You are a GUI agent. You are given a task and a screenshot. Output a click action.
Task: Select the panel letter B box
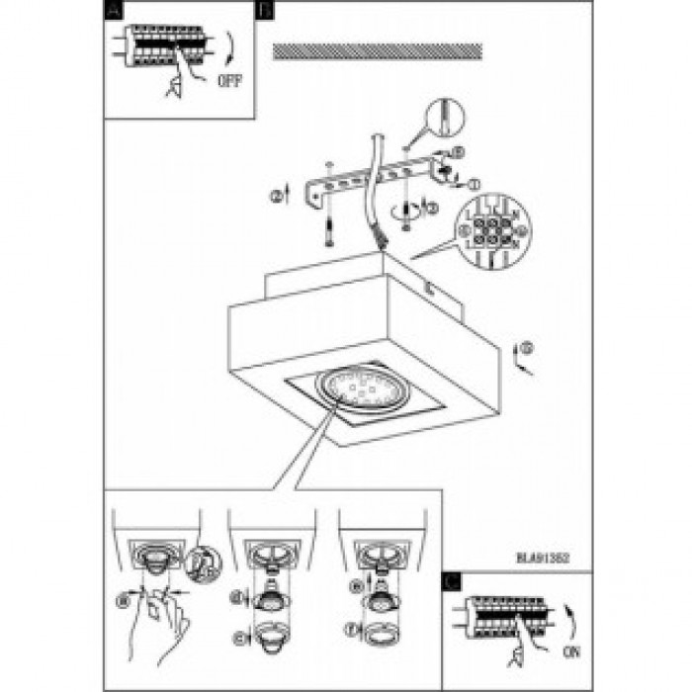263,10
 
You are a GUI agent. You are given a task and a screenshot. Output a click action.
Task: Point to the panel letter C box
451,582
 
